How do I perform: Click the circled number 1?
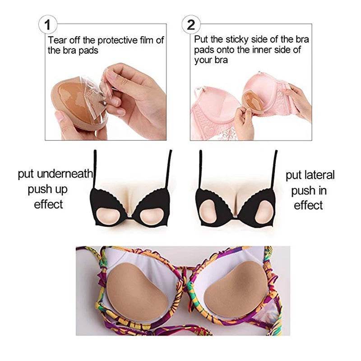tap(48, 25)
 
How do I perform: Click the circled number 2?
tap(191, 25)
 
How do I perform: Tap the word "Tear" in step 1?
tap(57, 40)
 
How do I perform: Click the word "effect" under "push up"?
tap(48, 204)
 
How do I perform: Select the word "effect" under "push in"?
tap(308, 205)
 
